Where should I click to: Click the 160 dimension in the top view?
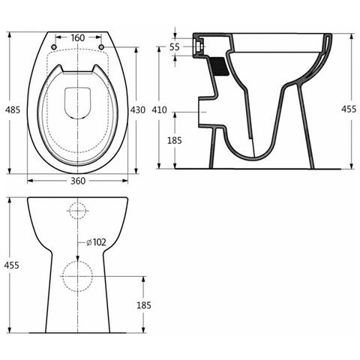click(x=77, y=37)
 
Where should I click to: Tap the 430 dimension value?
click(x=137, y=110)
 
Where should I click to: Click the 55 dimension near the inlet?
click(x=174, y=46)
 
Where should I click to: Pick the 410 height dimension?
click(x=159, y=110)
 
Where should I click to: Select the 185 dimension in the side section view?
click(x=174, y=140)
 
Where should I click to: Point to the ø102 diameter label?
click(x=95, y=241)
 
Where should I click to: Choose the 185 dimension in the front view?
click(x=144, y=304)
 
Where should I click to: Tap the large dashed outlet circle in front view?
click(x=77, y=276)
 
